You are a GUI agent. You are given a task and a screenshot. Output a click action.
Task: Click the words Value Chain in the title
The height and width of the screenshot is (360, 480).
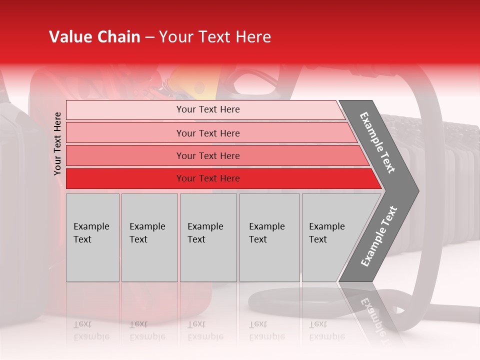coord(94,37)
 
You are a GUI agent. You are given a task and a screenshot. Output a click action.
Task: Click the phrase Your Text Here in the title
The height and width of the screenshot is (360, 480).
coord(215,37)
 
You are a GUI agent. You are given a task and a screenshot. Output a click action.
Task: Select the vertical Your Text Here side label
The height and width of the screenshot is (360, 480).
coord(57,143)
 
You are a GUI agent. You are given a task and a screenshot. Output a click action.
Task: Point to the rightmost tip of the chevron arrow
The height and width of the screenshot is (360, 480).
coord(418,191)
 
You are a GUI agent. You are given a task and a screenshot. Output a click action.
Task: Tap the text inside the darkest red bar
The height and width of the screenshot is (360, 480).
coord(208,178)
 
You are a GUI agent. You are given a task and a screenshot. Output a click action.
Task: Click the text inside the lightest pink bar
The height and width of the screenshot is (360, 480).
coord(208,109)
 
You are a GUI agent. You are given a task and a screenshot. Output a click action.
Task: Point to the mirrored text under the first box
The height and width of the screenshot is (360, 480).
coord(91,330)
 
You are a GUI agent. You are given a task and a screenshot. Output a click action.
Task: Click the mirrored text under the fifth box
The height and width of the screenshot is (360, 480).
coord(326,330)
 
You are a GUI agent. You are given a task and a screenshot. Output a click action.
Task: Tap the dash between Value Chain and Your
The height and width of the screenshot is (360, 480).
coord(149,37)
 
